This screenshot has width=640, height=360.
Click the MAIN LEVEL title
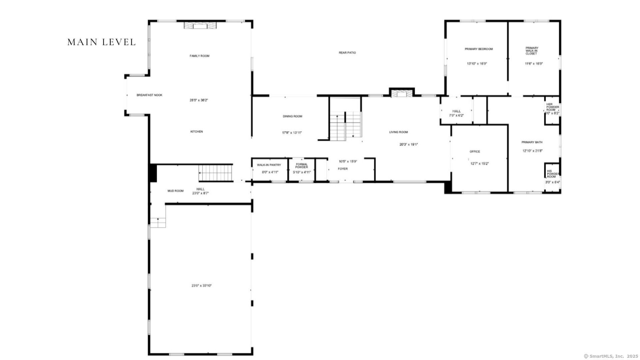(101, 42)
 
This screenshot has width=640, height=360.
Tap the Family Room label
(199, 56)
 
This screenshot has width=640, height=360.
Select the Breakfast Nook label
(149, 95)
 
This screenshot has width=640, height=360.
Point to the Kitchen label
(196, 132)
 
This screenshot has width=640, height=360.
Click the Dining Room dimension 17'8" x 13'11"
(292, 133)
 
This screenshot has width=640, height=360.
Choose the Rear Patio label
(347, 53)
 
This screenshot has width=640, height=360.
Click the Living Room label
(398, 132)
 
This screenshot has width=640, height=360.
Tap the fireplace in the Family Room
(200, 26)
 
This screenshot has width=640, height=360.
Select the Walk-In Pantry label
(269, 165)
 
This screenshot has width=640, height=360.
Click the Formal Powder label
(301, 166)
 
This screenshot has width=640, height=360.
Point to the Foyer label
(343, 169)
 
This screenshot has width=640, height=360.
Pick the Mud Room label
(175, 191)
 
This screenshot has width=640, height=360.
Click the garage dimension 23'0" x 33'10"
(201, 286)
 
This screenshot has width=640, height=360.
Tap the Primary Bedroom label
(478, 49)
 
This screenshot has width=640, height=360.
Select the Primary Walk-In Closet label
(532, 51)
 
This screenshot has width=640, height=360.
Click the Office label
(475, 152)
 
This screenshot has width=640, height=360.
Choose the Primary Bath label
(532, 142)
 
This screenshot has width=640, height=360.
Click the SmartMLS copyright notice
(611, 356)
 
